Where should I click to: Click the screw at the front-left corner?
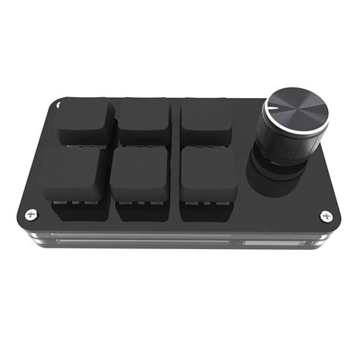point(30,214)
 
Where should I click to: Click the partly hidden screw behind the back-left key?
point(61,107)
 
